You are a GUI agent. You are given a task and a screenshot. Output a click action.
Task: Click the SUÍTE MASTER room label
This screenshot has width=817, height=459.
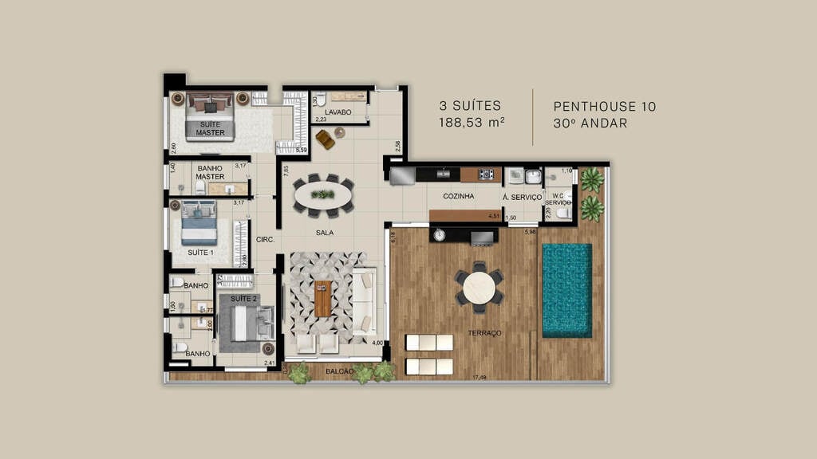211,127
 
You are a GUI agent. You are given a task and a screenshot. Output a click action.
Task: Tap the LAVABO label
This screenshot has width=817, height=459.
338,112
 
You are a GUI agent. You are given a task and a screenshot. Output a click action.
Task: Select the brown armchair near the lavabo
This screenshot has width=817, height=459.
326,139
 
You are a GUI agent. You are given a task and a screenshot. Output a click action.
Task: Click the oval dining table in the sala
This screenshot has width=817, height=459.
324,194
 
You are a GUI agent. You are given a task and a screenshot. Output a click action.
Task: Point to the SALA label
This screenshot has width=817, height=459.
324,233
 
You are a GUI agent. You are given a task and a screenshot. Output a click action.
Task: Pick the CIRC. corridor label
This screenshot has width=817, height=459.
265,239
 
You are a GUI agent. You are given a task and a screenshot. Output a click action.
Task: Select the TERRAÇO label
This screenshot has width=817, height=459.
485,333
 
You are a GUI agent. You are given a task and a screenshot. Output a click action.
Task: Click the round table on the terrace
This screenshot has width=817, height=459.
479,288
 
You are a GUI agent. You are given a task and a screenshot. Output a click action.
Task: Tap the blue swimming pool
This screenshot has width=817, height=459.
566,289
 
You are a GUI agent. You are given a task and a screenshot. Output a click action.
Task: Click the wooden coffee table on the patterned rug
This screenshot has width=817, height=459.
322,299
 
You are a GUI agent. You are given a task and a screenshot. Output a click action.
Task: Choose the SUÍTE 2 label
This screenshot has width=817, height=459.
243,298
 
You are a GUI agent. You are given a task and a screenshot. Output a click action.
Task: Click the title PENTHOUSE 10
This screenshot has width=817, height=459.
605,106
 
